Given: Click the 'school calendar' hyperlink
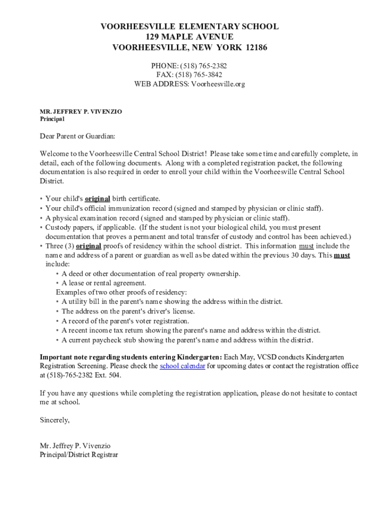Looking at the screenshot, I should click(182, 366).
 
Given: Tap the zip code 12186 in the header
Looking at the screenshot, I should click(257, 48).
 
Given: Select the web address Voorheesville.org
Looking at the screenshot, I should click(218, 84).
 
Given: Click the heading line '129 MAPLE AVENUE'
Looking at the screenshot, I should click(189, 37).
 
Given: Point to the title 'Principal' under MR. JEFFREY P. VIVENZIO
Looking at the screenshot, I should click(52, 119).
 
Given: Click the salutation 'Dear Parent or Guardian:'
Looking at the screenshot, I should click(77, 136).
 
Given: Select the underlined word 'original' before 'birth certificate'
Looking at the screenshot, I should click(98, 199).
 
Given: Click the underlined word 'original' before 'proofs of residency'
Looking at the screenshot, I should click(88, 246).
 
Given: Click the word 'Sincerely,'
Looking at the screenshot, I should click(55, 419).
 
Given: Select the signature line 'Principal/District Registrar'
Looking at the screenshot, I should click(79, 455).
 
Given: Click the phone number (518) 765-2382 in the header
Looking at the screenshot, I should click(206, 66).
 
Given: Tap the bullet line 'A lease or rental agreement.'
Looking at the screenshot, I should click(104, 283).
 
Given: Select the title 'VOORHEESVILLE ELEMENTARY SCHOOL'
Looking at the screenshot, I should click(189, 27).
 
